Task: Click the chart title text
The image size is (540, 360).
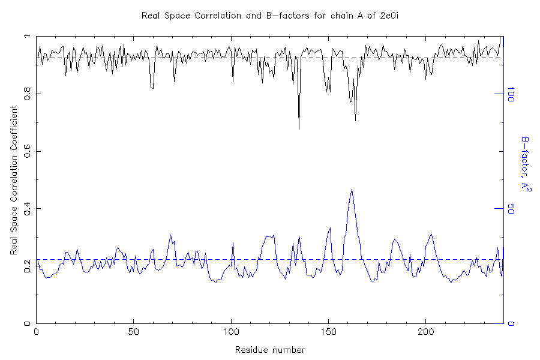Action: coord(269,15)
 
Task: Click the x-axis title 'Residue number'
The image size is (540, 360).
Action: coord(270,350)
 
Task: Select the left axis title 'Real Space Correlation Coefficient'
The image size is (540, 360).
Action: coord(14,181)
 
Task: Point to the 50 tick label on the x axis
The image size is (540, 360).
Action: coord(134,331)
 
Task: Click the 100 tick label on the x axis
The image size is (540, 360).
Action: coord(232,331)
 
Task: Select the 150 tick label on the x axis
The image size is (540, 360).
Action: coord(329,331)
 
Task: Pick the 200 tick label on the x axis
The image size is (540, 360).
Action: coord(426,331)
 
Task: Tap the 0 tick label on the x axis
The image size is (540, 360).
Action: coord(37,331)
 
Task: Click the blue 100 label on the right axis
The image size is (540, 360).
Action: coord(511,94)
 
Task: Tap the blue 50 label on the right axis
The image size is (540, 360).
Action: coord(511,209)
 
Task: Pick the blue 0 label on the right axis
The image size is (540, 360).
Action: coord(511,324)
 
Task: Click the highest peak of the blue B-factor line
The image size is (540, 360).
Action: coord(352,190)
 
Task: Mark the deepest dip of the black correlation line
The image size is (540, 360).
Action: coord(299,128)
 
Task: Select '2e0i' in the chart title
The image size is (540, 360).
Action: coord(389,15)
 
